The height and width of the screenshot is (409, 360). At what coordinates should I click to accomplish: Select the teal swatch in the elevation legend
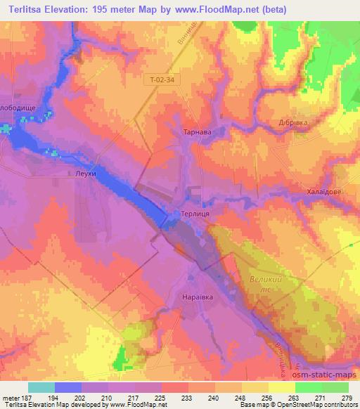41,387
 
